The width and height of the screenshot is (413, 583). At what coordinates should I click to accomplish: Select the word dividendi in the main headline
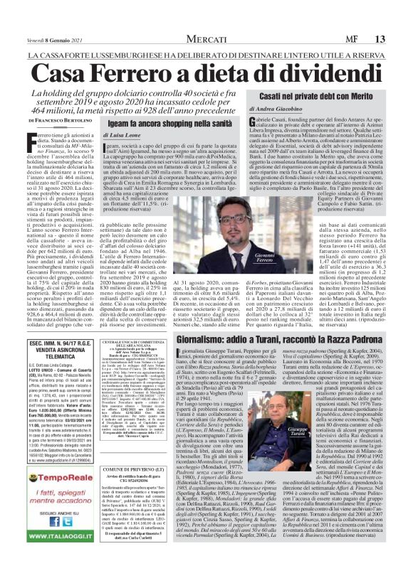coord(340,72)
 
